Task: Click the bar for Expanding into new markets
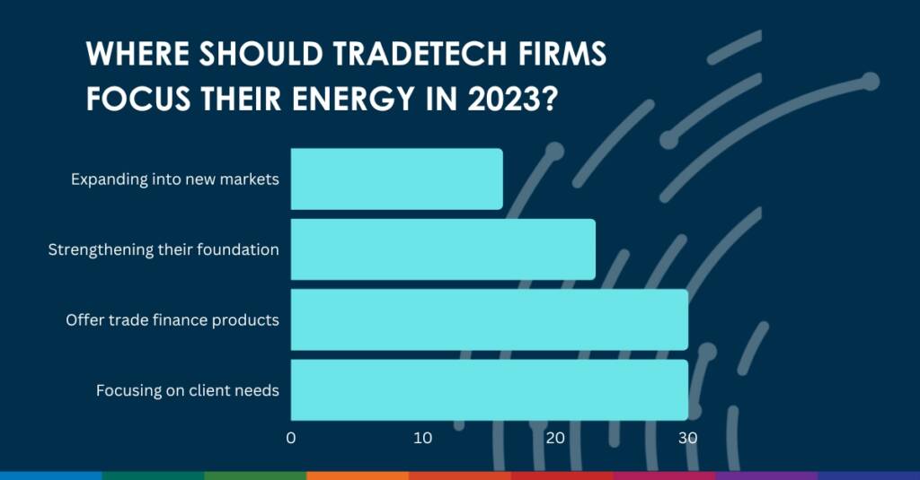pyautogui.click(x=396, y=179)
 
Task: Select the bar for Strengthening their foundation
pyautogui.click(x=443, y=249)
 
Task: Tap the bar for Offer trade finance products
pyautogui.click(x=490, y=319)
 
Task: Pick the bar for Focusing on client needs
pyautogui.click(x=490, y=389)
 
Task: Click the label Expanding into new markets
pyautogui.click(x=175, y=179)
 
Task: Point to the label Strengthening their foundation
pyautogui.click(x=164, y=249)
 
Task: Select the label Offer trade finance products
pyautogui.click(x=172, y=320)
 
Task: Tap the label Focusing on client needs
pyautogui.click(x=188, y=390)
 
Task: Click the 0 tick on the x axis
pyautogui.click(x=291, y=438)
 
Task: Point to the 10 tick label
pyautogui.click(x=422, y=438)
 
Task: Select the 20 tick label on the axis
pyautogui.click(x=555, y=438)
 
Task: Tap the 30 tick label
pyautogui.click(x=687, y=438)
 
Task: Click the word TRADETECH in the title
pyautogui.click(x=420, y=53)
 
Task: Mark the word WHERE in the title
pyautogui.click(x=137, y=53)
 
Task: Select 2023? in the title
pyautogui.click(x=511, y=98)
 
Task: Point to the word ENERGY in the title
pyautogui.click(x=363, y=98)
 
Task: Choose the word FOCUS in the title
pyautogui.click(x=138, y=98)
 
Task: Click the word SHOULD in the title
pyautogui.click(x=261, y=53)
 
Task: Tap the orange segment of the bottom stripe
pyautogui.click(x=358, y=476)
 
